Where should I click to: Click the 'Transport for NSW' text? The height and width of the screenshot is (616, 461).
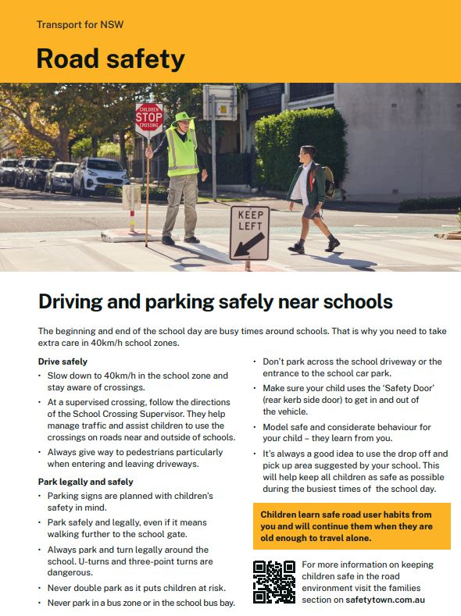click(x=80, y=24)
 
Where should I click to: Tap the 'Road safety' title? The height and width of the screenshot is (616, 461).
click(x=110, y=59)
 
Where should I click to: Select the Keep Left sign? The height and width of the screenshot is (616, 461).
click(x=249, y=232)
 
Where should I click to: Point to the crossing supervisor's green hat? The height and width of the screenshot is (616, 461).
click(x=184, y=118)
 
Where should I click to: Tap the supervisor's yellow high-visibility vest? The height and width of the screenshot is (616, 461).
click(x=183, y=150)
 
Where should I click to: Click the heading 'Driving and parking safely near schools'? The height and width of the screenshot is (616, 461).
click(x=216, y=301)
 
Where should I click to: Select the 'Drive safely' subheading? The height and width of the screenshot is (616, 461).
click(x=63, y=361)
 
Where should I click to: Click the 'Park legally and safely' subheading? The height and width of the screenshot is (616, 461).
click(x=85, y=482)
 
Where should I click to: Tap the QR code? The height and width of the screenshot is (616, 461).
click(x=273, y=582)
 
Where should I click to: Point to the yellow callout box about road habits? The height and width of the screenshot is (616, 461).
click(x=352, y=526)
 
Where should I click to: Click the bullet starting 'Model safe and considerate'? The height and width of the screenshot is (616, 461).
click(x=347, y=433)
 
